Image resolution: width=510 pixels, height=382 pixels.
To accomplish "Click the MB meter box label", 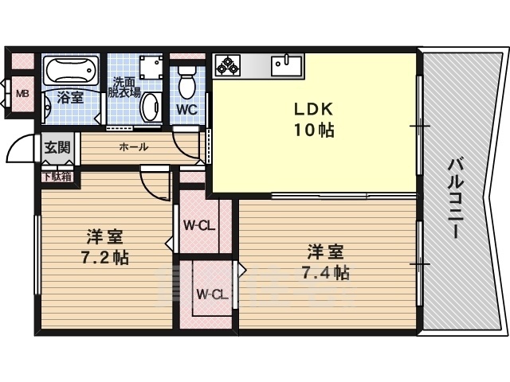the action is click(x=23, y=94).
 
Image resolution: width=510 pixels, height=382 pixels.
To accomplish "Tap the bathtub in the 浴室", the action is click(x=71, y=70).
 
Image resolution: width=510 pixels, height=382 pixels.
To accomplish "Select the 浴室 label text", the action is click(x=71, y=97).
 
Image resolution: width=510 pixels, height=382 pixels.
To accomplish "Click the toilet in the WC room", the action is click(x=187, y=82).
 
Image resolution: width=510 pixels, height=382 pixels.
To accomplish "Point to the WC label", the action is click(x=187, y=110).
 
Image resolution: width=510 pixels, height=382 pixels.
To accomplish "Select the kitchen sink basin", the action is click(x=287, y=65).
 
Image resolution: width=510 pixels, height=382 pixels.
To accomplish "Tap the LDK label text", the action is click(x=314, y=109).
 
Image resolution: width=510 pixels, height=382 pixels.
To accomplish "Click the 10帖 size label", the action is click(x=314, y=131).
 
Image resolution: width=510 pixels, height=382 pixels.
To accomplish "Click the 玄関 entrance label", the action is click(x=57, y=147).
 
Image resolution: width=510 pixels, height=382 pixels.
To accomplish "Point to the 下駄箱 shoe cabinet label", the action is click(x=57, y=177).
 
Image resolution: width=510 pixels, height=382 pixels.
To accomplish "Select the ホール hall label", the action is click(x=134, y=147).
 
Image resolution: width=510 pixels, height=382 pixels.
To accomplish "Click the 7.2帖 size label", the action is click(x=104, y=258).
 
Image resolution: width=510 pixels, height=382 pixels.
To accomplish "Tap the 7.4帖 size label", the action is click(x=326, y=273).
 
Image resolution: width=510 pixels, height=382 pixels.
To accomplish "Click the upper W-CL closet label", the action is click(x=199, y=225).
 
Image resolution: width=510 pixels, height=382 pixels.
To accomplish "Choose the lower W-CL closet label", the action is click(x=212, y=294).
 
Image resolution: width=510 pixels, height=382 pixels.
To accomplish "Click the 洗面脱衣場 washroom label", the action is click(x=124, y=88).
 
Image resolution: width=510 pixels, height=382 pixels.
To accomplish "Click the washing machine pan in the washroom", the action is click(x=151, y=67).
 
